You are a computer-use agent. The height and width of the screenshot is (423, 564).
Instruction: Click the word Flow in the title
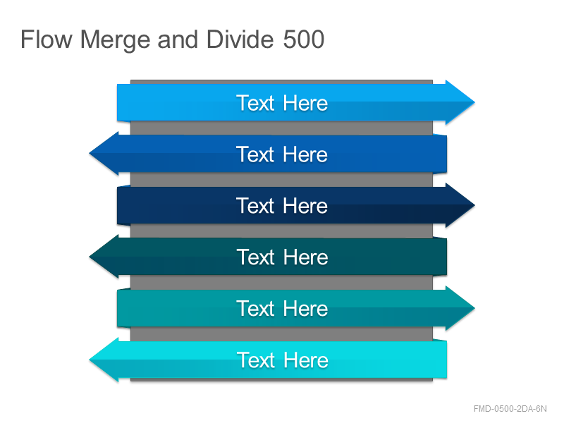[x=47, y=39]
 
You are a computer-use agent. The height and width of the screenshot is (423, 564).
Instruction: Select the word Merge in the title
[x=115, y=40]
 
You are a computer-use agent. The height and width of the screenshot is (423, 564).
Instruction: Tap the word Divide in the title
[x=240, y=39]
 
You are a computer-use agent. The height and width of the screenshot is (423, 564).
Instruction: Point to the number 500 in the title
[x=304, y=39]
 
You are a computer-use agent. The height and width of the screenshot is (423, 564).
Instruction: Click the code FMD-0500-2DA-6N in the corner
[x=510, y=409]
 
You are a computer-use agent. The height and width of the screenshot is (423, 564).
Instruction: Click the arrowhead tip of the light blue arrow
[x=474, y=102]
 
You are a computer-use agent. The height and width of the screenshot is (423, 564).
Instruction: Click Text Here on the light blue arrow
[x=282, y=103]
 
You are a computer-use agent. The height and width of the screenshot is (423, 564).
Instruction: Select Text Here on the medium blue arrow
[x=282, y=154]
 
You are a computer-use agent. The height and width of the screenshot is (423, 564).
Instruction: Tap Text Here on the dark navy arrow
[x=282, y=206]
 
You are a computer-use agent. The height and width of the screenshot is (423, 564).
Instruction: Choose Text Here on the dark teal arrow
[x=282, y=257]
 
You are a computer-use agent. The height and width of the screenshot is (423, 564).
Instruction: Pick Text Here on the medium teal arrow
[x=282, y=309]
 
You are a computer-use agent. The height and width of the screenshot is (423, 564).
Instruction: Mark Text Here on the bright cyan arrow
[x=282, y=360]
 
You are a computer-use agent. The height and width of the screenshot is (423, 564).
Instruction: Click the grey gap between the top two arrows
[x=281, y=128]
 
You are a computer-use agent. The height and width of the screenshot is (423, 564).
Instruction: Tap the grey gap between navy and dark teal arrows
[x=281, y=231]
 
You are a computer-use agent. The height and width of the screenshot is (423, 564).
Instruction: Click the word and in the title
[x=178, y=39]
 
